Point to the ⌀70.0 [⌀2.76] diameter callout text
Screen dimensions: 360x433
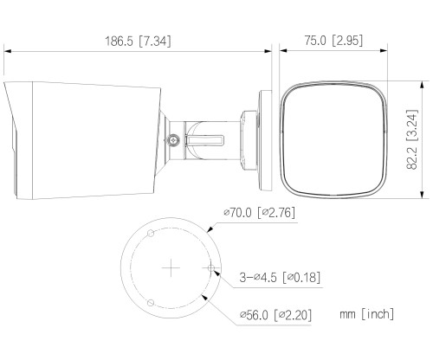(x=260, y=212)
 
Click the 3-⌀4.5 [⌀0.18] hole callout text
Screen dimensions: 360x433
(x=280, y=278)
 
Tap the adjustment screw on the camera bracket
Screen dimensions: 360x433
(x=174, y=138)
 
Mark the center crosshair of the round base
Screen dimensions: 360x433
(x=172, y=268)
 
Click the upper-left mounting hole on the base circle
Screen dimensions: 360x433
(x=151, y=234)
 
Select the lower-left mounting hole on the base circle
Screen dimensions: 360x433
(x=151, y=302)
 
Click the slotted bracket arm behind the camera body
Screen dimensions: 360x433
(x=208, y=136)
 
